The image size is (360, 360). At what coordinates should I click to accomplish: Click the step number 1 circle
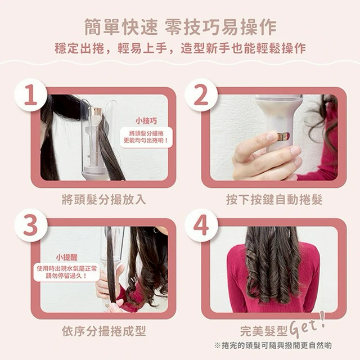[31, 95]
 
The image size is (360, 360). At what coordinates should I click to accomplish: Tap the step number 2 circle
[201, 95]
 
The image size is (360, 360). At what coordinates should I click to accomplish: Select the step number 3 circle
[31, 225]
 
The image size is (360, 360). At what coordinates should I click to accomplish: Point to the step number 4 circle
[201, 225]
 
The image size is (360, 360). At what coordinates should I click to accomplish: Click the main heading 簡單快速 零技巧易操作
[181, 28]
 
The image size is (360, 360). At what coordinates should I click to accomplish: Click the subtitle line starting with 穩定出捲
[180, 48]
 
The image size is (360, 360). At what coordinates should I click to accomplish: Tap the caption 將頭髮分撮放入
[103, 199]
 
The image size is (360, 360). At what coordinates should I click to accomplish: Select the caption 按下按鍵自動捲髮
[274, 199]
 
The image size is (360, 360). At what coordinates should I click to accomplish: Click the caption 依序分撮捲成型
[103, 331]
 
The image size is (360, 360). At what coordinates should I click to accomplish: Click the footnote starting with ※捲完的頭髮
[273, 345]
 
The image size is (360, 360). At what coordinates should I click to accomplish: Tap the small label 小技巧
[146, 121]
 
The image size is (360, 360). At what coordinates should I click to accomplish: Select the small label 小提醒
[67, 258]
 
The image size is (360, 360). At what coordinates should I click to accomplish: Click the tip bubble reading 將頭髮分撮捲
[146, 137]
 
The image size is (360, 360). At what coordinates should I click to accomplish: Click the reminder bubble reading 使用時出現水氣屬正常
[67, 272]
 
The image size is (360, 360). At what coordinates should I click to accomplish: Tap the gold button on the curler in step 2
[283, 136]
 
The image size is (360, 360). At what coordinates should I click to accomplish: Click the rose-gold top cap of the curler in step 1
[96, 111]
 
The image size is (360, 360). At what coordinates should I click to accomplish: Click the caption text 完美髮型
[264, 331]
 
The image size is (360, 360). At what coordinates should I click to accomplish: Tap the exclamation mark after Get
[322, 319]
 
